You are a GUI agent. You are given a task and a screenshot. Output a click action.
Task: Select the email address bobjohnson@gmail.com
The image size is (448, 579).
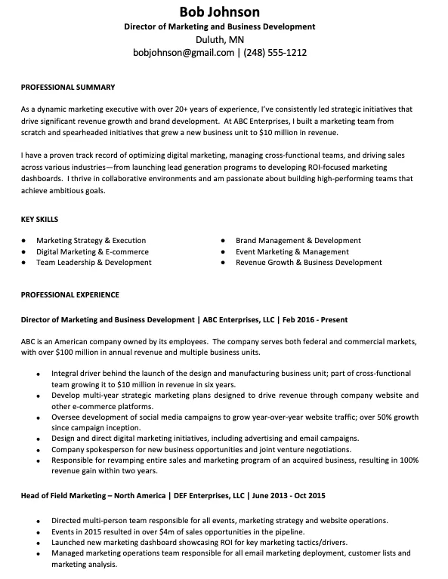coord(183,53)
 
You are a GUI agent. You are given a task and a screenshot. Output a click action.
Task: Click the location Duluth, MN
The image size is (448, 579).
coord(219,39)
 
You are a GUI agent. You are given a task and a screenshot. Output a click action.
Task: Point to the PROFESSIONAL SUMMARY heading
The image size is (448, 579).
coord(67,87)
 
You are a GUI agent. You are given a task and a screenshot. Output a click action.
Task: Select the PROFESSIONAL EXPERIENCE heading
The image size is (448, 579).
coord(70,294)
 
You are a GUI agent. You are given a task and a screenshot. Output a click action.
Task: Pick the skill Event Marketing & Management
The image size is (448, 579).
coord(292,251)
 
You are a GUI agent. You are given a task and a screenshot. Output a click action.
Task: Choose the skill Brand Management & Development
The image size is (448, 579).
coord(298,241)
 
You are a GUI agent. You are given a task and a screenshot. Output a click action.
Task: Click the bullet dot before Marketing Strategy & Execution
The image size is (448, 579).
coord(26,241)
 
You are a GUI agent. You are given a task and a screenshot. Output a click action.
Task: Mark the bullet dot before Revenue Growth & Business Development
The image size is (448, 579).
coord(224,263)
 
